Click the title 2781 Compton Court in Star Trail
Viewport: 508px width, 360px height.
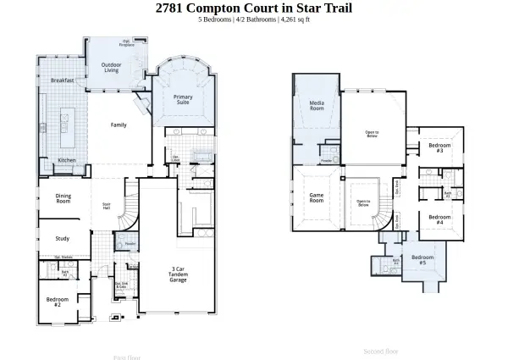pos(254,8)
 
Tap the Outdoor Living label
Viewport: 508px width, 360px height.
pos(111,68)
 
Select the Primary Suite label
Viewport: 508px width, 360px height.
pos(183,100)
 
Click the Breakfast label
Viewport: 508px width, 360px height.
pos(62,80)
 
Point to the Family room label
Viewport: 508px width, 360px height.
pos(119,125)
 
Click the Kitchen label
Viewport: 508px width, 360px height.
pos(67,160)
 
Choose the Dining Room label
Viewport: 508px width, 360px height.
pos(63,200)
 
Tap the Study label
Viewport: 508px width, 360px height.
pos(62,238)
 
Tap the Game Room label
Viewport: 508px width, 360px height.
pos(317,197)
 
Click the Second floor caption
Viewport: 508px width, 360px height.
pos(380,350)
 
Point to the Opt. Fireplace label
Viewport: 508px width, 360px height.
pos(127,42)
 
